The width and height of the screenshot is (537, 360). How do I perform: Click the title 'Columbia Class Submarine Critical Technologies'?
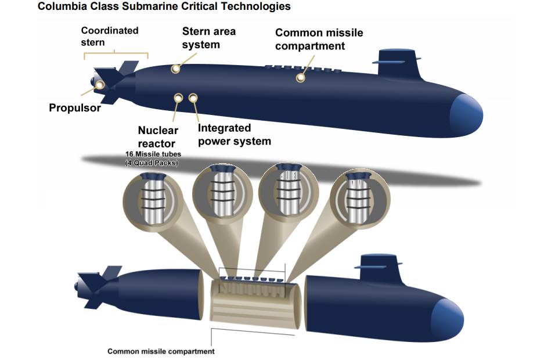point(164,6)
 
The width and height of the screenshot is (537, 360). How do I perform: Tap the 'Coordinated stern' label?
point(110,37)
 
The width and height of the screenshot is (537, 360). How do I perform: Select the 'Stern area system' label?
point(208,38)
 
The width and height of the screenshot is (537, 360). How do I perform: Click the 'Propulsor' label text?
point(75,107)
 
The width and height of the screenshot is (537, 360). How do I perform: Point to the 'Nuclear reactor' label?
point(158,136)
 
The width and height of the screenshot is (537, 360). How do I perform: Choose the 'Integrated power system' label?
point(235,135)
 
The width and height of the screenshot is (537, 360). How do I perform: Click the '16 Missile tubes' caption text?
point(153,154)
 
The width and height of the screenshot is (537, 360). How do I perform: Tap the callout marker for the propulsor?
point(99,85)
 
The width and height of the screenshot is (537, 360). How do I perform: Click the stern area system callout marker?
point(176,69)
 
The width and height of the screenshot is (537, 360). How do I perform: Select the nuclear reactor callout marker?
point(178,98)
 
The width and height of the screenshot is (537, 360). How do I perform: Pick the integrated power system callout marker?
point(193,98)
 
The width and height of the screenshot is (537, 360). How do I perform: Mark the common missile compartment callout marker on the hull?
point(300,78)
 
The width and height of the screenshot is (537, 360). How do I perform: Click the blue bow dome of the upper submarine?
point(466,115)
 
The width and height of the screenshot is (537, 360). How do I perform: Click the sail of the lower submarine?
point(379,269)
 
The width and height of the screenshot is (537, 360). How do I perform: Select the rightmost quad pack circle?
point(360,199)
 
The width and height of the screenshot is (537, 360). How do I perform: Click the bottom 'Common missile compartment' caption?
point(161,351)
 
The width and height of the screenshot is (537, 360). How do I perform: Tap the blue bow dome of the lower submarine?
point(447,319)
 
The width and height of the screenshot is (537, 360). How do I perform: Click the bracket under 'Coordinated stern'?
point(116,53)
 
